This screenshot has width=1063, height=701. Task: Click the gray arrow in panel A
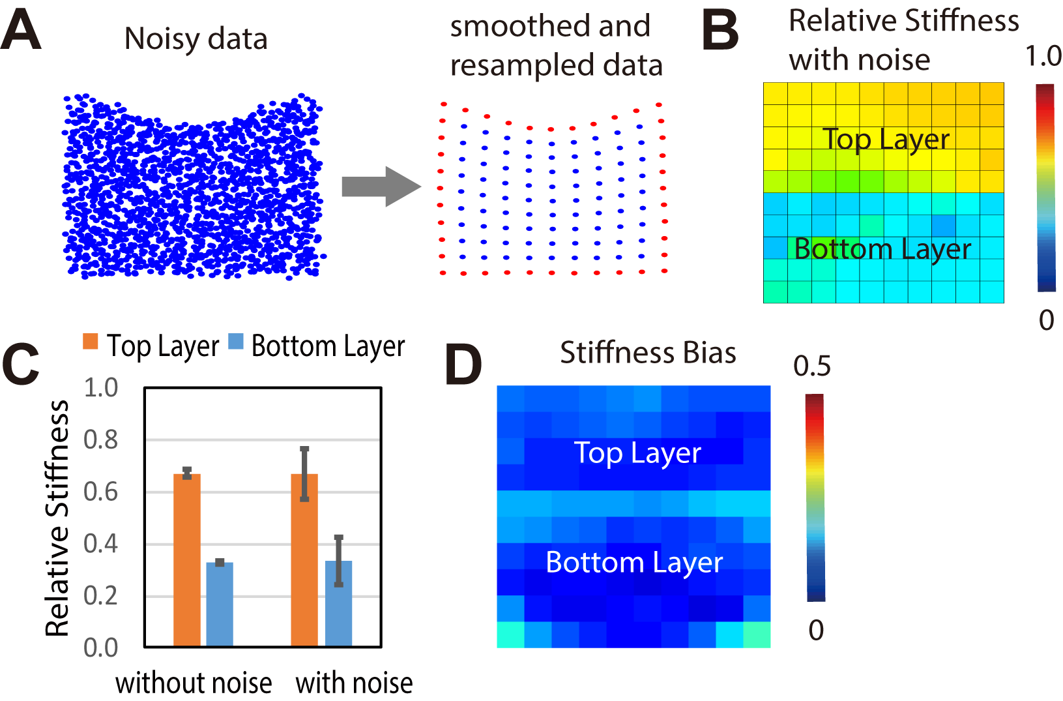[x=380, y=186]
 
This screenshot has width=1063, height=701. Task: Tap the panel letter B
[x=720, y=31]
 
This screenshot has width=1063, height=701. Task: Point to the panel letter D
[x=463, y=365]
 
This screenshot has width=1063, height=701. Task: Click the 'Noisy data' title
[x=196, y=39]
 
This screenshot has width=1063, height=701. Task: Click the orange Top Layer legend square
[x=91, y=341]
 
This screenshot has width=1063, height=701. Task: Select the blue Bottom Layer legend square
[x=236, y=341]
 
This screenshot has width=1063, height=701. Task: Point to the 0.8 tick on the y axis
[x=101, y=440]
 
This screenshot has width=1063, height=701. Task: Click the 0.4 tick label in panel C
[x=101, y=543]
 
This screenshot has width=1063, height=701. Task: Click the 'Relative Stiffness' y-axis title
[x=57, y=518]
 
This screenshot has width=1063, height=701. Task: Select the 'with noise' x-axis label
[x=354, y=683]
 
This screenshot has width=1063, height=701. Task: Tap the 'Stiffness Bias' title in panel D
[x=648, y=353]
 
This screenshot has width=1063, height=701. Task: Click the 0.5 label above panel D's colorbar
[x=811, y=366]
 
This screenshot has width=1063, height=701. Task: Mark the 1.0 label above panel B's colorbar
[x=1043, y=57]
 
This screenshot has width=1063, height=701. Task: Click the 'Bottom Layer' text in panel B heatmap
[x=882, y=249]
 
